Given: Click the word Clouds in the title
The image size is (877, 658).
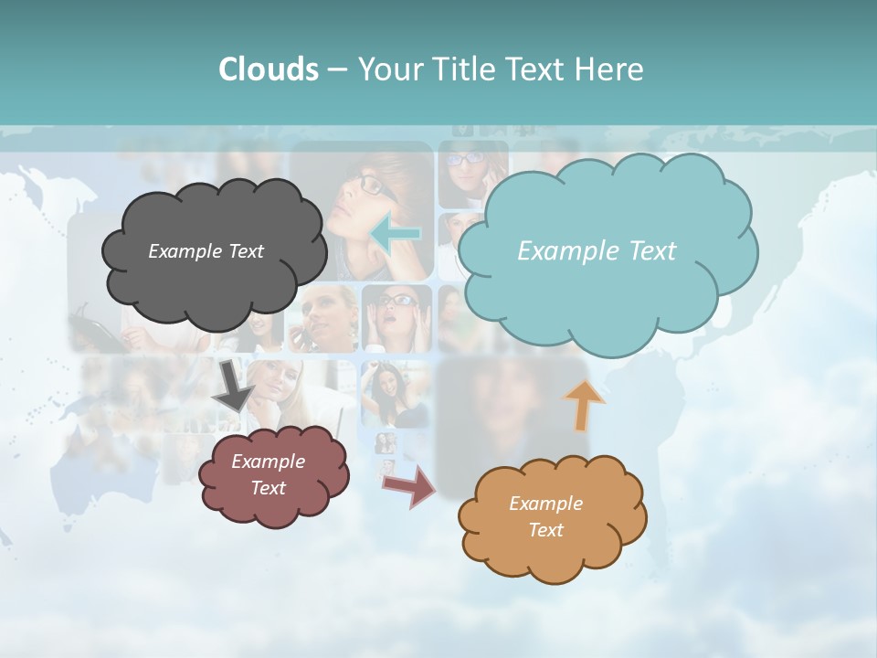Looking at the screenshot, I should pyautogui.click(x=268, y=69).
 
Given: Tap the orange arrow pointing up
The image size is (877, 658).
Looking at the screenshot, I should pyautogui.click(x=584, y=405).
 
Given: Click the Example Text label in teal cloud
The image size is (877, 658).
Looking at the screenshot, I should pyautogui.click(x=597, y=250).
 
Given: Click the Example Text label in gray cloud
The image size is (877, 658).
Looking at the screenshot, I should pyautogui.click(x=206, y=250).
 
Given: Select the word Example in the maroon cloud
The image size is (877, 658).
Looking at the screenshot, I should pyautogui.click(x=268, y=462).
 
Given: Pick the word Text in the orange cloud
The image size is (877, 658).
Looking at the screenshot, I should pyautogui.click(x=545, y=530).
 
